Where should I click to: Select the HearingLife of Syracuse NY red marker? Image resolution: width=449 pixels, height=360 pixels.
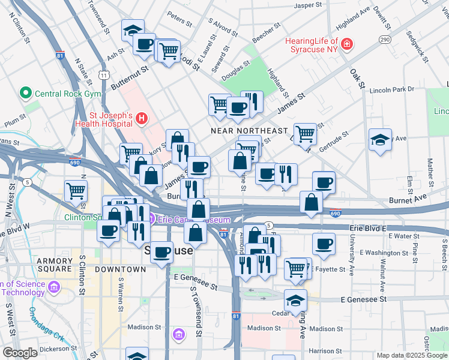[x=347, y=44]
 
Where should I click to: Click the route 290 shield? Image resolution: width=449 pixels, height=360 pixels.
[x=384, y=39]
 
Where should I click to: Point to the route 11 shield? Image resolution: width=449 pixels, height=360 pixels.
[x=104, y=75]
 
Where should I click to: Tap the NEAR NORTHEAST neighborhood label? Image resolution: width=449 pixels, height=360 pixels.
[x=250, y=131]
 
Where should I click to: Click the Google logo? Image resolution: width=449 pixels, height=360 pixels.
[x=20, y=353]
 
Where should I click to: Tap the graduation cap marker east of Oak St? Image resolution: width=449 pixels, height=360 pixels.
[x=380, y=140]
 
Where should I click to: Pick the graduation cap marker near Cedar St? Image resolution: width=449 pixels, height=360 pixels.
[x=295, y=300]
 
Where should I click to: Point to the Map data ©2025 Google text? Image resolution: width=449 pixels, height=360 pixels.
[x=412, y=355]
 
